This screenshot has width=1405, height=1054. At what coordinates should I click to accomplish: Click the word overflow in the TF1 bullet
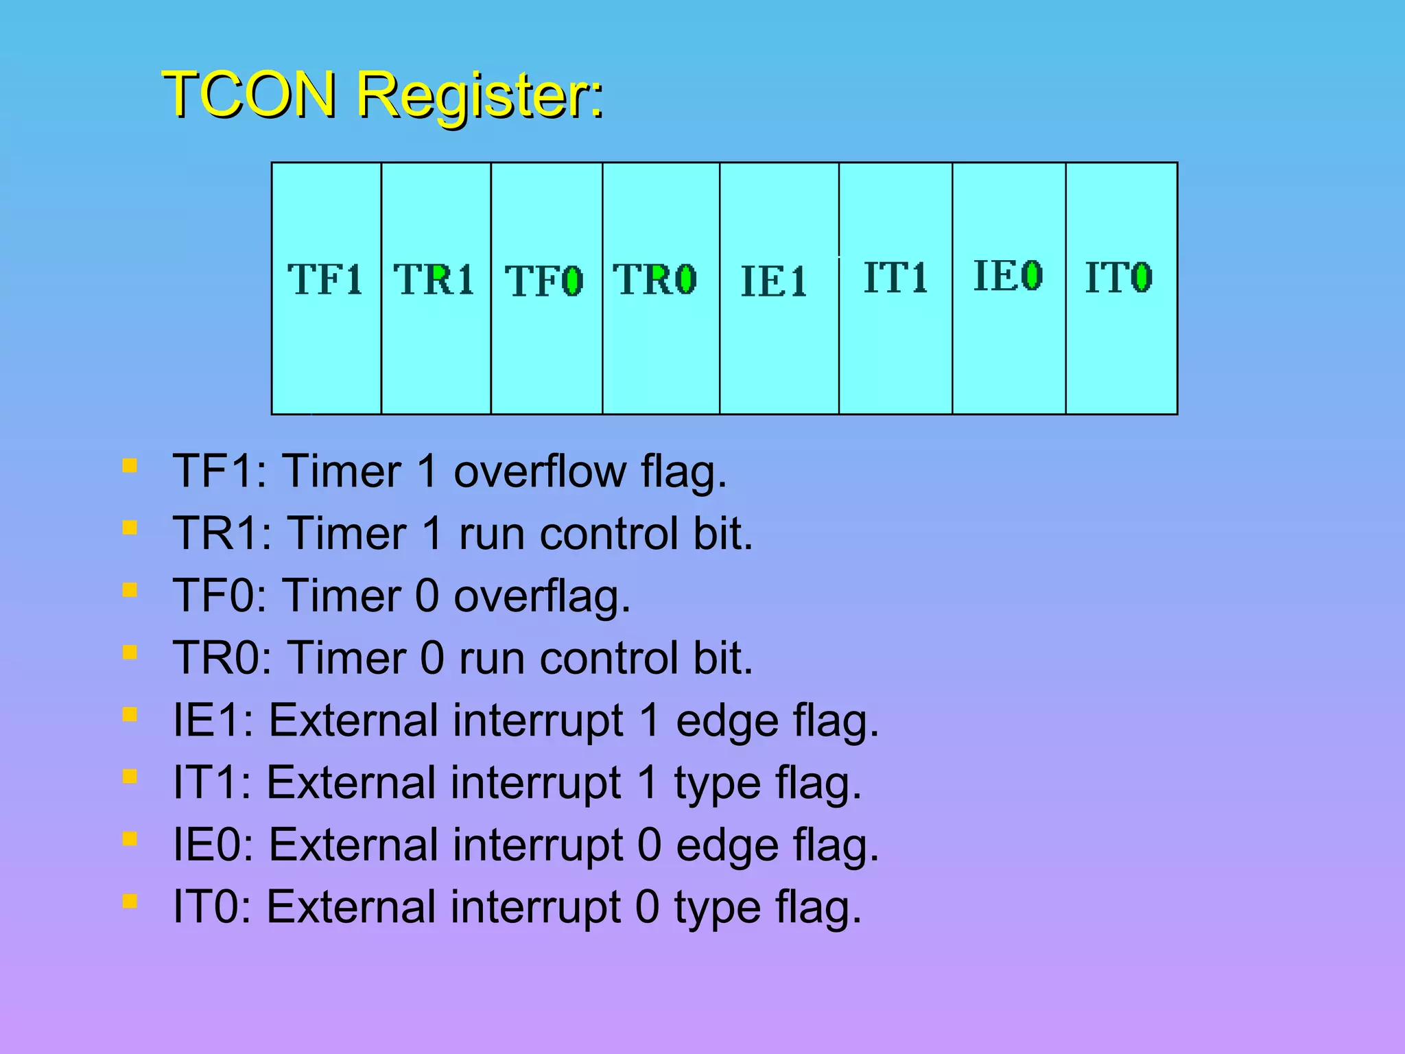click(540, 472)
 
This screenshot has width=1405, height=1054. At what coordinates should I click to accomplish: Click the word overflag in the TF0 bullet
click(541, 596)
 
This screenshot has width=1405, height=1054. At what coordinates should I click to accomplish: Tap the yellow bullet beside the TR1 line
click(130, 528)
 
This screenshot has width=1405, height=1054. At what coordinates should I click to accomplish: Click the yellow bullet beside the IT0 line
click(130, 900)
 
